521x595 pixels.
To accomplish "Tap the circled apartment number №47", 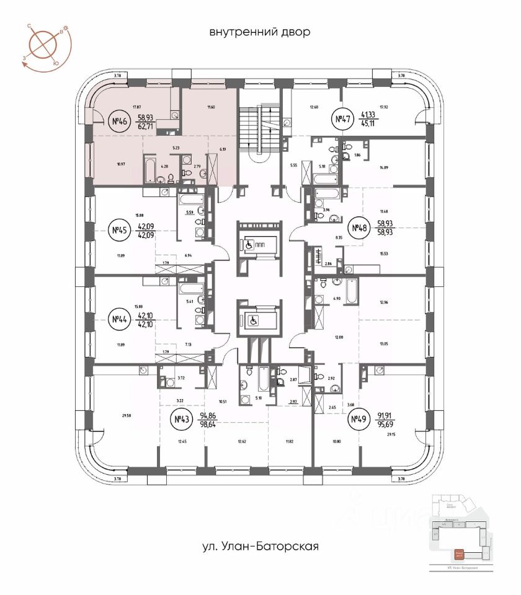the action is (341, 120).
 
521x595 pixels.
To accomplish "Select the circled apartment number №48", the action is (358, 229).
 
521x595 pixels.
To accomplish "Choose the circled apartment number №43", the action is (181, 421).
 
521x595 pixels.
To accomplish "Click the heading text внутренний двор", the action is (260, 32).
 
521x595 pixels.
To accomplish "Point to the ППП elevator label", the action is (264, 244).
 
